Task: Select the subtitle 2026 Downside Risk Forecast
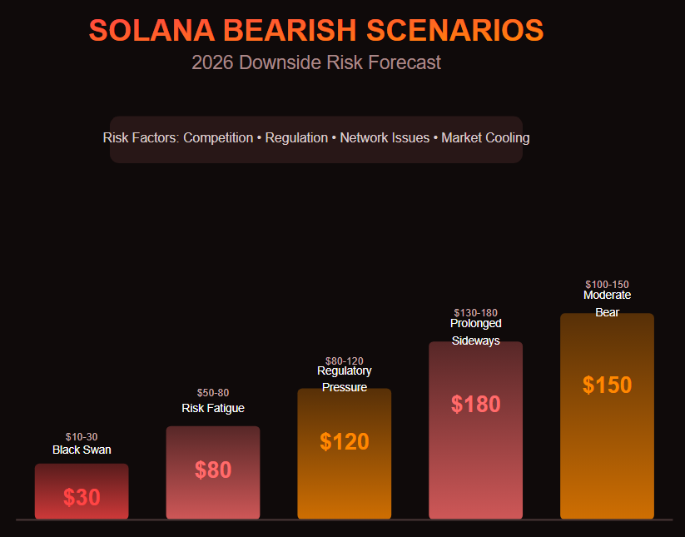tap(316, 62)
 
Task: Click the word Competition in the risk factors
tap(217, 137)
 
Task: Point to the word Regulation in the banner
tap(296, 137)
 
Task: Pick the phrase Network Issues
tap(385, 137)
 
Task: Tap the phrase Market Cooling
tap(485, 137)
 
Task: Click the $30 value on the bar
tap(82, 498)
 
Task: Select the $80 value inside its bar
tap(213, 470)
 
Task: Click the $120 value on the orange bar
tap(345, 442)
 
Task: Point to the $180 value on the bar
tap(476, 404)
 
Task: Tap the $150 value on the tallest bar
tap(608, 385)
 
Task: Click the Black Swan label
tap(82, 450)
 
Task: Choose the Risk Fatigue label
tap(213, 408)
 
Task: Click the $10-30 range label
tap(82, 436)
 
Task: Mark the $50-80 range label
tap(213, 392)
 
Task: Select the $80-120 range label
tap(345, 360)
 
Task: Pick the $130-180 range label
tap(476, 312)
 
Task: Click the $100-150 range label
tap(608, 284)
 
